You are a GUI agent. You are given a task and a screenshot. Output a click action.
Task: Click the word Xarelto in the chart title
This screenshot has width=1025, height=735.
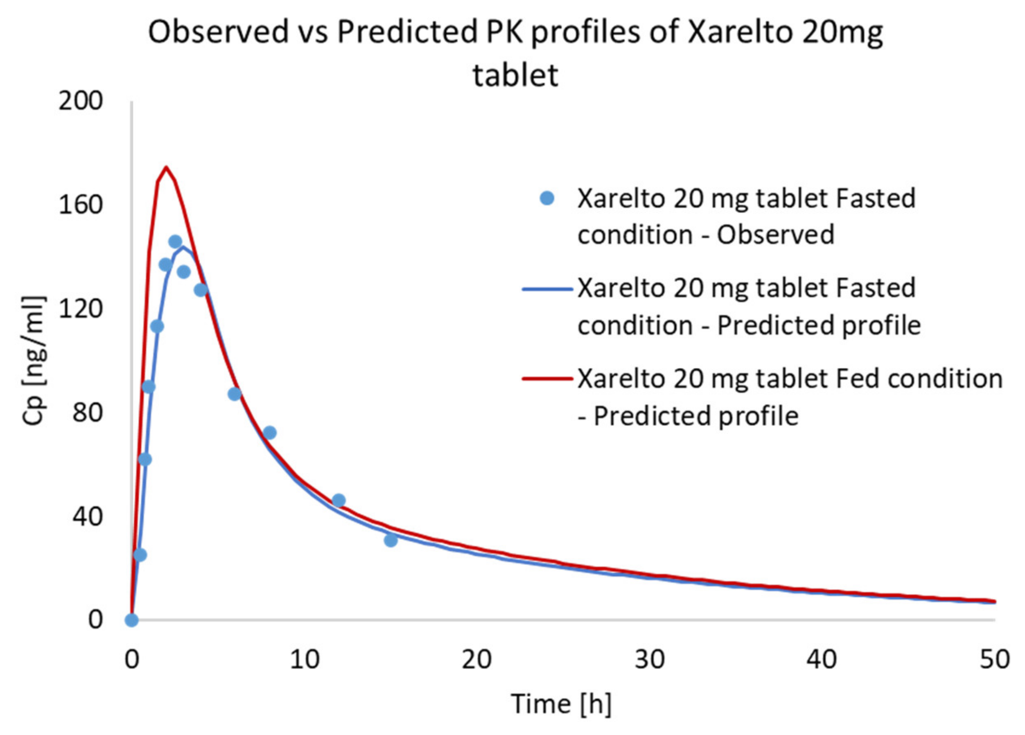[x=740, y=32]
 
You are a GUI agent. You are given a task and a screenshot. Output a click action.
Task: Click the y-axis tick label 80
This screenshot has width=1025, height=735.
[x=87, y=413]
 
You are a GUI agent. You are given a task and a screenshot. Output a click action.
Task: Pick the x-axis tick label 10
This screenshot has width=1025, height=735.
[x=304, y=660]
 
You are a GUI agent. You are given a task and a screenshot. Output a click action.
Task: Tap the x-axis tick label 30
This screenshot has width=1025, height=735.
[x=650, y=660]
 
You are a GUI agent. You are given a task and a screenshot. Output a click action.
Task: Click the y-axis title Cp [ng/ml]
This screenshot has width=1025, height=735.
[x=34, y=360]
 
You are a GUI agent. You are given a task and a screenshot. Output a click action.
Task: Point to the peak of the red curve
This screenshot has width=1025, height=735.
[x=166, y=168]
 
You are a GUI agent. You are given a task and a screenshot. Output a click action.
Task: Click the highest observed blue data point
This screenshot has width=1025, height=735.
[x=175, y=242]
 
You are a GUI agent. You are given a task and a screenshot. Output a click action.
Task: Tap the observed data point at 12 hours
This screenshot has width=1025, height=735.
[x=339, y=500]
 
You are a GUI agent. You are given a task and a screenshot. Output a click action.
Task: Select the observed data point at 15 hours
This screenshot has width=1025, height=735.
[x=391, y=540]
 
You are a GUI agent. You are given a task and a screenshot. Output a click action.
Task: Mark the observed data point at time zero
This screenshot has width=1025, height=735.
[x=131, y=620]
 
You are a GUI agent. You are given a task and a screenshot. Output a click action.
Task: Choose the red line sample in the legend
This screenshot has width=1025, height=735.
[x=547, y=379]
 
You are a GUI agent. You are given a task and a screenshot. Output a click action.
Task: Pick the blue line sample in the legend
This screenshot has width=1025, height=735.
[x=547, y=289]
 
